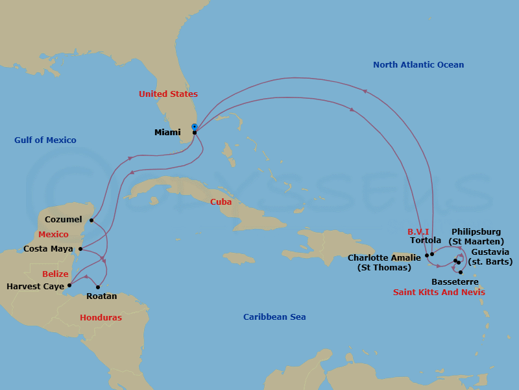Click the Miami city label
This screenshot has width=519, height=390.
pyautogui.click(x=167, y=133)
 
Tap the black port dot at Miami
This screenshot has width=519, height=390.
pyautogui.click(x=195, y=133)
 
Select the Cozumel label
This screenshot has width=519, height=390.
pyautogui.click(x=64, y=220)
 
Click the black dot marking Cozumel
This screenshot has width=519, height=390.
pyautogui.click(x=91, y=220)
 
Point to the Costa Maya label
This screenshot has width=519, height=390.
pyautogui.click(x=48, y=249)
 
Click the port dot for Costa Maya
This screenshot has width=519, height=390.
pyautogui.click(x=80, y=249)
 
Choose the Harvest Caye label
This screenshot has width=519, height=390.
pyautogui.click(x=35, y=286)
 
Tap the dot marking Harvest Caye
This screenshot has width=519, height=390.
pyautogui.click(x=69, y=285)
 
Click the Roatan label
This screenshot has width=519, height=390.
pyautogui.click(x=101, y=296)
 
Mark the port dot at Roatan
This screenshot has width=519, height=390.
pyautogui.click(x=98, y=287)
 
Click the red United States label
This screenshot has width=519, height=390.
pyautogui.click(x=168, y=94)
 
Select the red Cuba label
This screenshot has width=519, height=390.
pyautogui.click(x=221, y=202)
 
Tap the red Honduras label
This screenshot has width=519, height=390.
pyautogui.click(x=101, y=318)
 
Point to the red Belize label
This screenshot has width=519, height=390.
pyautogui.click(x=55, y=274)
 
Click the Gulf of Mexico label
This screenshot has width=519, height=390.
pyautogui.click(x=45, y=140)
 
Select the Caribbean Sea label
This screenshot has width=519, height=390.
pyautogui.click(x=274, y=317)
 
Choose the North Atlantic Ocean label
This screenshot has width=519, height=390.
pyautogui.click(x=418, y=65)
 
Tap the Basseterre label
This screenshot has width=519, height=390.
pyautogui.click(x=455, y=282)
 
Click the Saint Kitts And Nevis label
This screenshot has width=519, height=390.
pyautogui.click(x=439, y=292)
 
